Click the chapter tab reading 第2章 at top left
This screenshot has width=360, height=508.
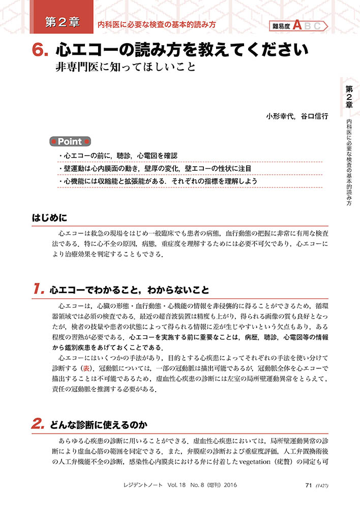click(62, 22)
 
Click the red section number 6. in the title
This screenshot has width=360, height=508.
click(40, 50)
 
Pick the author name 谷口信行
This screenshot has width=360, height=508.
click(314, 116)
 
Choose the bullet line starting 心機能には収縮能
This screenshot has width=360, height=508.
click(158, 181)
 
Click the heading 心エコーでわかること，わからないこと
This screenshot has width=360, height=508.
click(130, 291)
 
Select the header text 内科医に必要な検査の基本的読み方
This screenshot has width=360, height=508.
click(157, 24)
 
